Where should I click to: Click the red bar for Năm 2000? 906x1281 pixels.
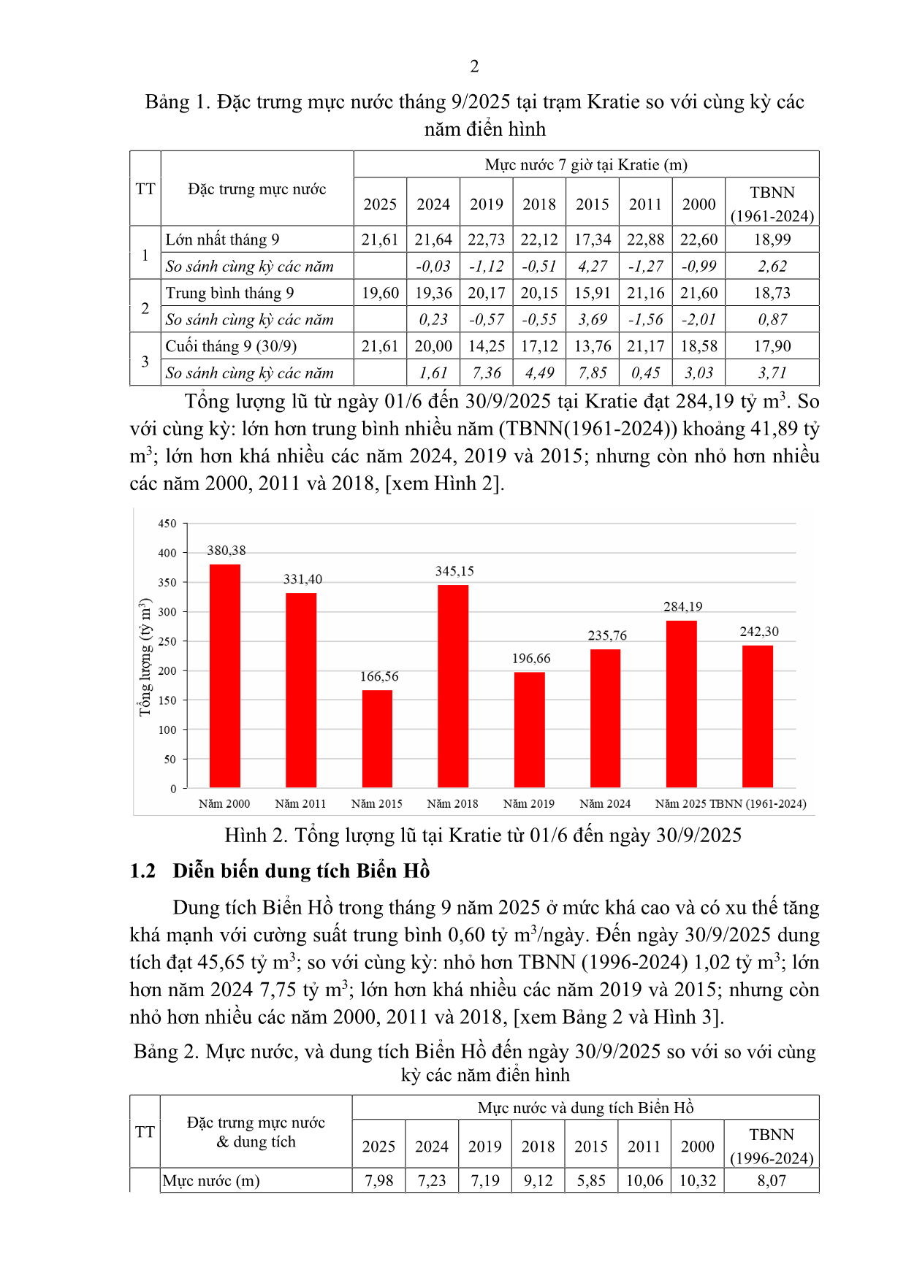pyautogui.click(x=224, y=676)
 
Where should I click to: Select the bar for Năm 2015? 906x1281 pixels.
pyautogui.click(x=377, y=738)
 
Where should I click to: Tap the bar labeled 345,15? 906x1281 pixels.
pyautogui.click(x=453, y=686)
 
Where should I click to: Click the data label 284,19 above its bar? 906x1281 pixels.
pyautogui.click(x=682, y=607)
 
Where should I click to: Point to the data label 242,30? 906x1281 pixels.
pyautogui.click(x=758, y=632)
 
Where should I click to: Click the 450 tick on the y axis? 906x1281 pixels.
pyautogui.click(x=167, y=524)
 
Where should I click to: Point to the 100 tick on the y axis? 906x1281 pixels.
pyautogui.click(x=167, y=730)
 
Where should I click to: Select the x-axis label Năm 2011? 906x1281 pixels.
pyautogui.click(x=300, y=804)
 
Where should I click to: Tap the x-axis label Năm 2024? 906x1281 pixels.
pyautogui.click(x=605, y=804)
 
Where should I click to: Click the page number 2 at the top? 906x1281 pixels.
pyautogui.click(x=474, y=66)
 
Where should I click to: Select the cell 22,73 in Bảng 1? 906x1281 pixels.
pyautogui.click(x=486, y=240)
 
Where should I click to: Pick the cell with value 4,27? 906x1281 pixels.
pyautogui.click(x=592, y=267)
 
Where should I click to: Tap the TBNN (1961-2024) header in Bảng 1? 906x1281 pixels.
pyautogui.click(x=772, y=204)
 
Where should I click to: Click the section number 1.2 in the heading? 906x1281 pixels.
pyautogui.click(x=142, y=871)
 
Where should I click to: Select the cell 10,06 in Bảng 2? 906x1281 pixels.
pyautogui.click(x=644, y=1181)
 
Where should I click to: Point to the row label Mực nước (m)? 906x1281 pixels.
pyautogui.click(x=211, y=1181)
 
